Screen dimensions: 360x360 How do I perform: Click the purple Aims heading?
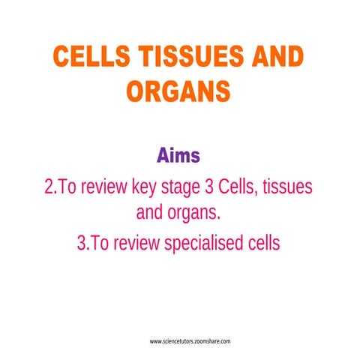[178, 157]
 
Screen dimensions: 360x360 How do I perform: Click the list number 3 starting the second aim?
[82, 243]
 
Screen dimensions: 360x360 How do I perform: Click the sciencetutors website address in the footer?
[190, 341]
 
